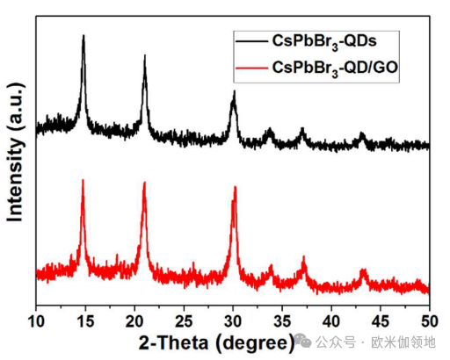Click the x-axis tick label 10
(36, 319)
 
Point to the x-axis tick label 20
(134, 319)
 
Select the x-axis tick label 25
(184, 319)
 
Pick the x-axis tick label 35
(282, 319)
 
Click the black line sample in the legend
(251, 40)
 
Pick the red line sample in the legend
(251, 66)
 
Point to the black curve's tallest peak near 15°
(83, 37)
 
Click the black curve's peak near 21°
(144, 55)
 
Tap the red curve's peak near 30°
(235, 187)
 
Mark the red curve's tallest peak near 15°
(83, 180)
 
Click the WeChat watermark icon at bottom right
(305, 341)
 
